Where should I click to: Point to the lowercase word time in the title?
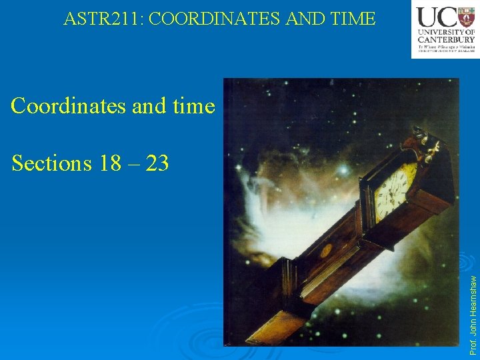(189, 106)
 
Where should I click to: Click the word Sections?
(53, 162)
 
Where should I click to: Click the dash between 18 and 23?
(135, 163)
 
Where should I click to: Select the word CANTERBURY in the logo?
(446, 38)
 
